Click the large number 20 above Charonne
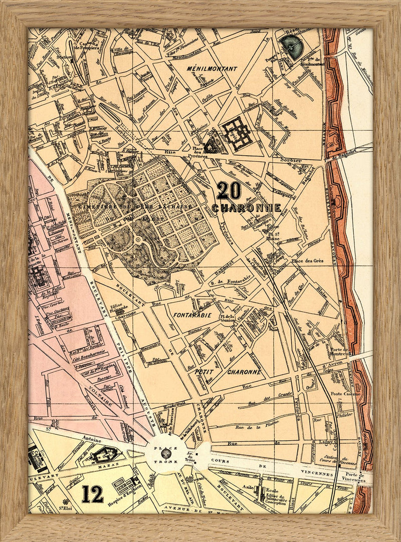tap(229, 191)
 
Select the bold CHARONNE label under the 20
tap(246, 207)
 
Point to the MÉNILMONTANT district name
tap(204, 68)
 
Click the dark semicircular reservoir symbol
tap(291, 46)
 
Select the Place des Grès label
tap(309, 260)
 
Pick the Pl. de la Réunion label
tap(227, 318)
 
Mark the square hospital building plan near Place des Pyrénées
tap(237, 133)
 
